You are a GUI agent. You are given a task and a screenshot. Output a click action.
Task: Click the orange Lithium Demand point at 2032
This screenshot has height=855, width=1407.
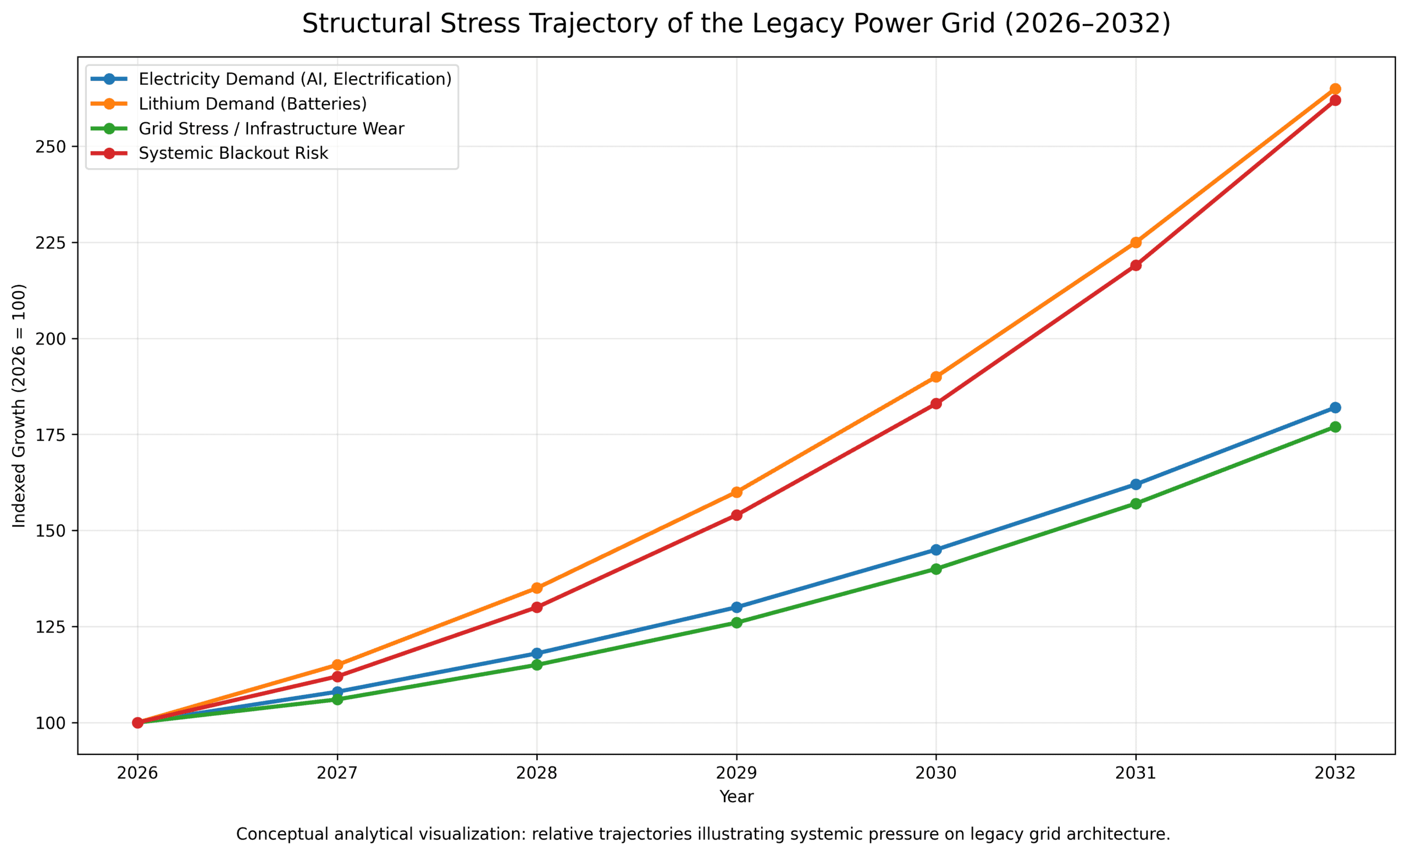click(x=1335, y=89)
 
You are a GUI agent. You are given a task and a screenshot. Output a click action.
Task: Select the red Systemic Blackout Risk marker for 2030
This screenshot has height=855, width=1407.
click(x=936, y=403)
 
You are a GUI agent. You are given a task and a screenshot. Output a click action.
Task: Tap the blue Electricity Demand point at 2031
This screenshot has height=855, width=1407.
click(x=1135, y=484)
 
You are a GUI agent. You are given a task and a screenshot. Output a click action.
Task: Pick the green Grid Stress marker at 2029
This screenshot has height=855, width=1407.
click(x=736, y=622)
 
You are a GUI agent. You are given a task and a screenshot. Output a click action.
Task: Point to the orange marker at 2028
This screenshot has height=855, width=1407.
click(x=537, y=588)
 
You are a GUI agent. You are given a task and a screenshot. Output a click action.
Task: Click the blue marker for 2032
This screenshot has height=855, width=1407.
click(x=1335, y=408)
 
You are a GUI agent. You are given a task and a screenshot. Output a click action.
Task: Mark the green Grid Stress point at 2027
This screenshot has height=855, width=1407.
click(x=337, y=699)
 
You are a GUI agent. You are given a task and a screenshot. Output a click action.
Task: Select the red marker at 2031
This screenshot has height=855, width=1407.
click(x=1135, y=265)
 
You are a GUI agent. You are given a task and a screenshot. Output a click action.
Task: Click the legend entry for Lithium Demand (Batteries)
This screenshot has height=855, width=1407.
click(x=252, y=104)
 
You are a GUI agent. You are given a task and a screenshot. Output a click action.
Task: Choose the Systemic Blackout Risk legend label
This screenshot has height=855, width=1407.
click(x=233, y=153)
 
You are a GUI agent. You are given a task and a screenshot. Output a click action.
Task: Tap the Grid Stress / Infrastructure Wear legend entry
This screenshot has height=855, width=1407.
click(x=272, y=129)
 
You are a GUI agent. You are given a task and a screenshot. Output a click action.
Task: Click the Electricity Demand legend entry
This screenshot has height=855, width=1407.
click(x=295, y=79)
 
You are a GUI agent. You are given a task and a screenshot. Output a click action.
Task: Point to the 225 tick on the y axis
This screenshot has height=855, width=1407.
click(x=50, y=243)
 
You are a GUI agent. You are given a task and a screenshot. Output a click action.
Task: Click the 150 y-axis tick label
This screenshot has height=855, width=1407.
click(x=50, y=531)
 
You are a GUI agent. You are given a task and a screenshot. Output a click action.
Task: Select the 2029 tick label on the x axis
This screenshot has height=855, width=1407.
click(x=736, y=773)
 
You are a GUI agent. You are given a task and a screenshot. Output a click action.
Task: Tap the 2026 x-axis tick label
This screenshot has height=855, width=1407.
click(x=137, y=773)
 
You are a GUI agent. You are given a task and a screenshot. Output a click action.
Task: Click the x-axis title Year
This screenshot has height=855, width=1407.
click(x=736, y=797)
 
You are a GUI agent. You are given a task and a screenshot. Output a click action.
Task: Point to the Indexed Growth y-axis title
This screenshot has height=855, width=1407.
click(x=19, y=405)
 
